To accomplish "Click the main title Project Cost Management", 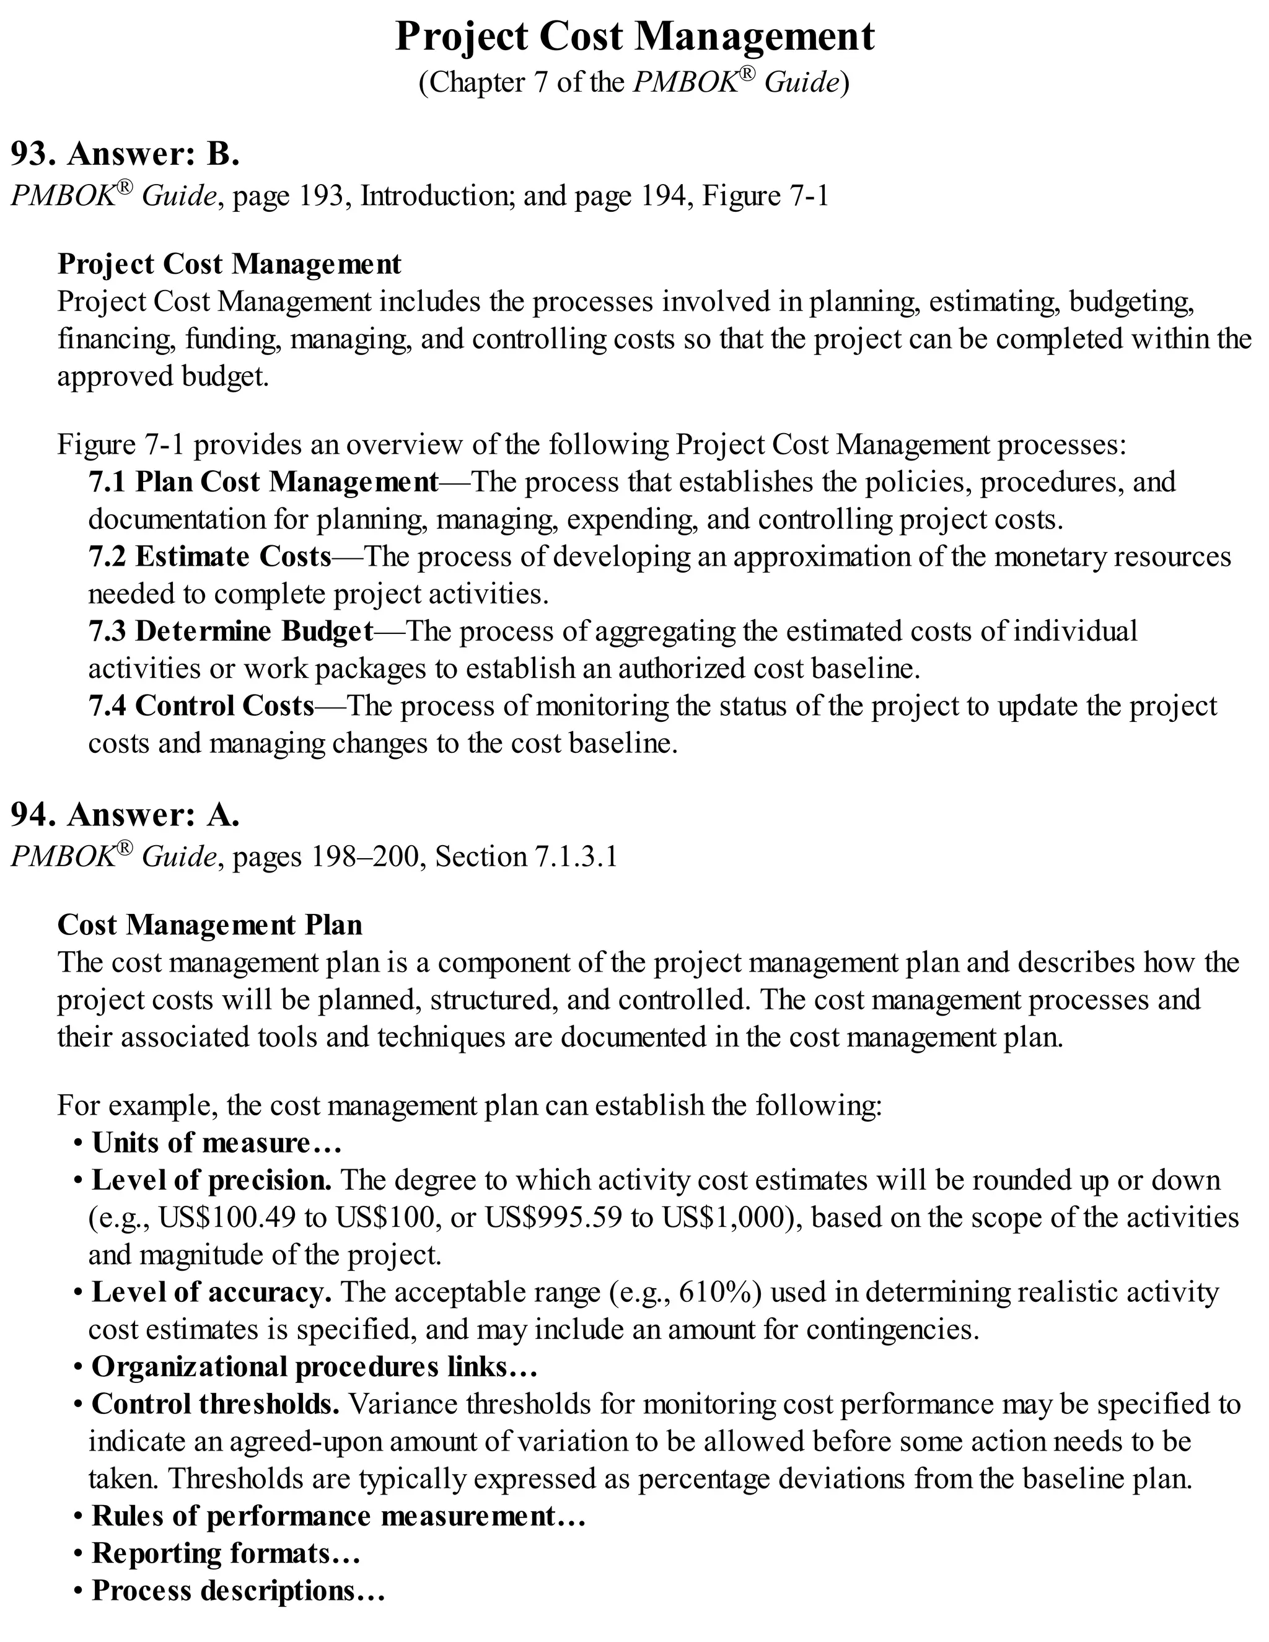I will point(634,36).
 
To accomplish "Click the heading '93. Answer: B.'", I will point(125,154).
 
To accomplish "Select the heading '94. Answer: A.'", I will point(125,815).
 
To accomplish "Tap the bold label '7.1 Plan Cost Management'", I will point(263,481).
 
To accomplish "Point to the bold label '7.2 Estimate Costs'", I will point(210,556).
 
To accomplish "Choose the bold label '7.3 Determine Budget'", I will point(231,631).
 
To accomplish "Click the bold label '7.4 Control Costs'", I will point(201,706).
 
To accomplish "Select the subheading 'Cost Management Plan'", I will point(210,924).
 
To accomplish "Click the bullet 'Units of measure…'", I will point(216,1143).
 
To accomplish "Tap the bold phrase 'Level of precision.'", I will point(211,1180).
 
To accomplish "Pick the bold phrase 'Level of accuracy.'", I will point(211,1293).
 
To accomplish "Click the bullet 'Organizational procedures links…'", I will point(314,1366).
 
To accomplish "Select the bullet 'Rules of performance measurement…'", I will point(338,1516).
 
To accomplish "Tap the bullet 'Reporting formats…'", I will point(226,1553).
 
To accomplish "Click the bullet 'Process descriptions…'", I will point(237,1590).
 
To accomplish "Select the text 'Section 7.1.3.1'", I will point(526,857).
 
